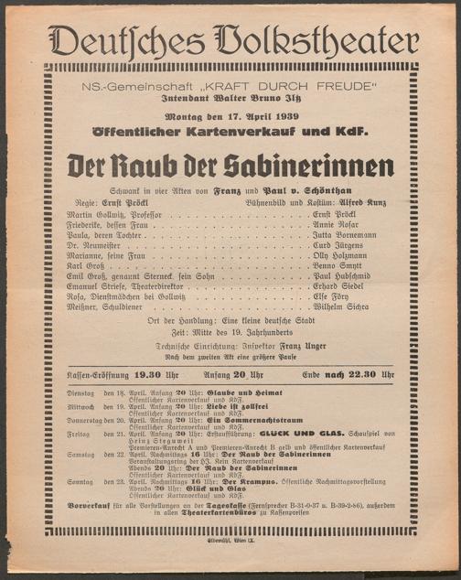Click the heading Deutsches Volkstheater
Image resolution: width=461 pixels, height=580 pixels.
click(x=230, y=41)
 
